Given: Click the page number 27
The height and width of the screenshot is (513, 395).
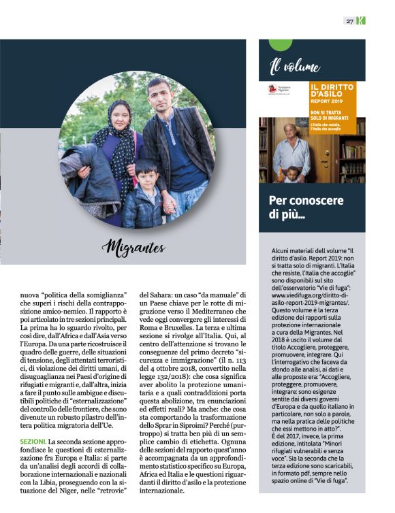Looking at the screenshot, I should pyautogui.click(x=349, y=21).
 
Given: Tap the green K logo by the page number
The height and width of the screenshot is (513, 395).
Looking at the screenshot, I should pyautogui.click(x=361, y=21).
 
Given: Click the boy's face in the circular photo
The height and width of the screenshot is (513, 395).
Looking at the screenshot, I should pyautogui.click(x=145, y=172).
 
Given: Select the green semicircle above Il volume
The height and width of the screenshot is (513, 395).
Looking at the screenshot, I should pyautogui.click(x=281, y=45).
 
